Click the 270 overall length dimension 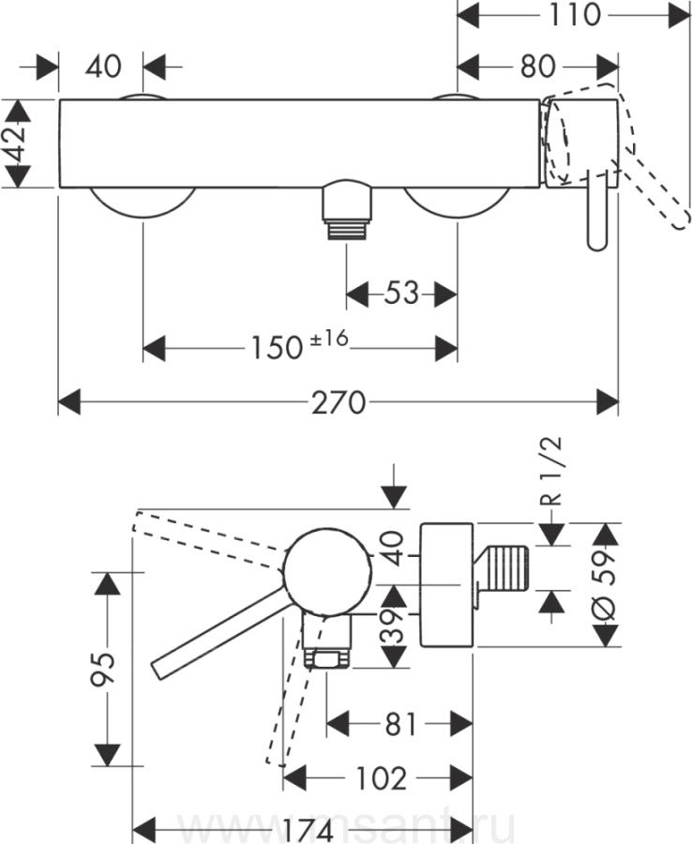[x=338, y=403]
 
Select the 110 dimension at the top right [x=574, y=14]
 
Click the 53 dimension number [x=400, y=294]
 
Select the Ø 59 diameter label [x=608, y=582]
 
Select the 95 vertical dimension [x=106, y=669]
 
